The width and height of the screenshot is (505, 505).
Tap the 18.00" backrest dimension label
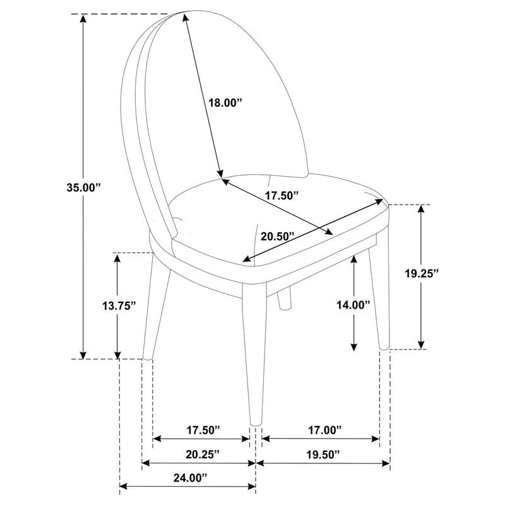225,103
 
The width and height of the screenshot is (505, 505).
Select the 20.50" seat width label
278,237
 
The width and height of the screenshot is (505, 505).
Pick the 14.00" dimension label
352,304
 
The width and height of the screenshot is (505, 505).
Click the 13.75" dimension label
119,306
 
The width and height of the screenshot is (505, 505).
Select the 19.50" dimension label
323,454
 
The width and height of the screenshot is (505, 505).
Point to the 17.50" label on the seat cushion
282,196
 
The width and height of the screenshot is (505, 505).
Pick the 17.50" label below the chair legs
203,429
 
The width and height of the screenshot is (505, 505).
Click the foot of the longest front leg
255,422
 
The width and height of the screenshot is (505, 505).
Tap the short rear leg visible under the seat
285,300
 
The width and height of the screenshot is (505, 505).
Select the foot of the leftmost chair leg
147,357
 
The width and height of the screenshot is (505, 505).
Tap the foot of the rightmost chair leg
384,345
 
